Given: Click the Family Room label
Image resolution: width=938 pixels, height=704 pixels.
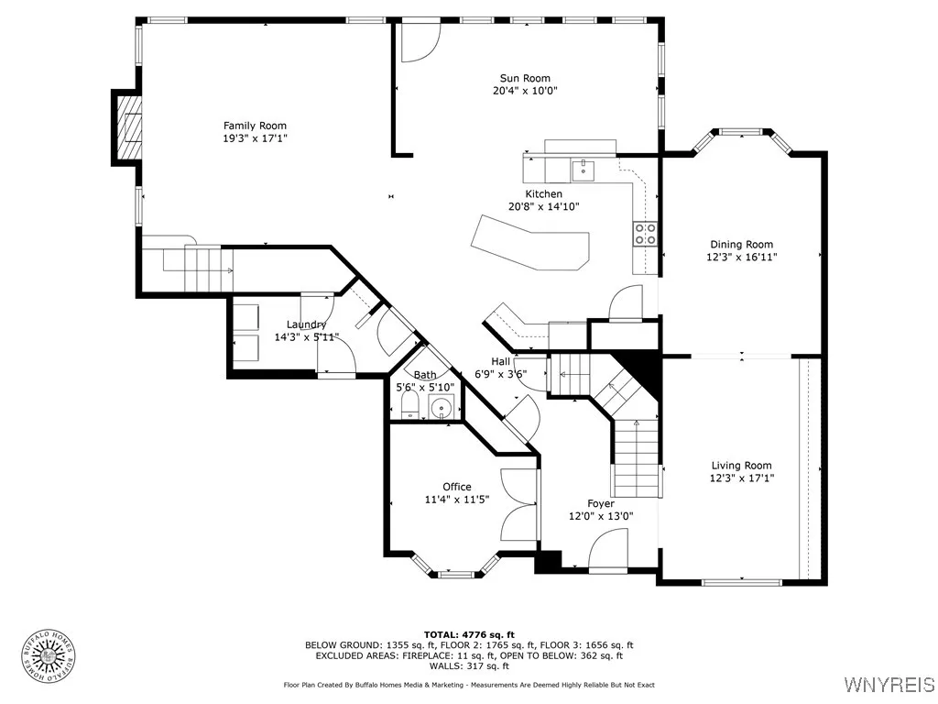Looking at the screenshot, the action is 255,126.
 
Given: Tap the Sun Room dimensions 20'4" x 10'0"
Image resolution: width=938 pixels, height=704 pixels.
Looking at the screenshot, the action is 525,91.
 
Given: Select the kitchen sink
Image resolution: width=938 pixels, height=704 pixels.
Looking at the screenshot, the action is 583,170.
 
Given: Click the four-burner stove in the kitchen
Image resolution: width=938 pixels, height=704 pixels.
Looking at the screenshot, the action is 645,234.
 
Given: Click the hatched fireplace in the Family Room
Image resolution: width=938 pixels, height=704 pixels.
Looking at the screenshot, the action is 129,127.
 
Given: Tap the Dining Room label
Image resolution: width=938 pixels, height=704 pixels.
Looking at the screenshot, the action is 741,244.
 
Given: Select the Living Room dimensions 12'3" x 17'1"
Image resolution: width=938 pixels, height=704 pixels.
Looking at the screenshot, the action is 741,478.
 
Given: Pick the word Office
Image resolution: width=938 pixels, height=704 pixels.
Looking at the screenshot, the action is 457,487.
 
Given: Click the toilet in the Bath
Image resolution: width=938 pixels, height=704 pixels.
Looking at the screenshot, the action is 409,408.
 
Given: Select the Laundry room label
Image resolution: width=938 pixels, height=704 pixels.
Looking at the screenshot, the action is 306,324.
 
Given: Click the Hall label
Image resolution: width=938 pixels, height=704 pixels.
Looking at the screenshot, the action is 501,361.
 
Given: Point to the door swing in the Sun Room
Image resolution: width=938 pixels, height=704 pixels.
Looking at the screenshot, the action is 420,41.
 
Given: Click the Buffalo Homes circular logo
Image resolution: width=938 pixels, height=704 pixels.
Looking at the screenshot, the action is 49,657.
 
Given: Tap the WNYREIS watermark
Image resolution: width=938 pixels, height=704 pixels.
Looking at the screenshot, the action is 889,684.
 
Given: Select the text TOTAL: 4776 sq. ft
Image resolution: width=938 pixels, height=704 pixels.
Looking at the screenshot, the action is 469,634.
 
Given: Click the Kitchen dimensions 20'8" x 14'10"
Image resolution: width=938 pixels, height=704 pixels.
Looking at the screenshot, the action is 544,207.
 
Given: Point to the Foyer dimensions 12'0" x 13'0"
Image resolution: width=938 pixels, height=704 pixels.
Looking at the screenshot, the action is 601,517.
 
